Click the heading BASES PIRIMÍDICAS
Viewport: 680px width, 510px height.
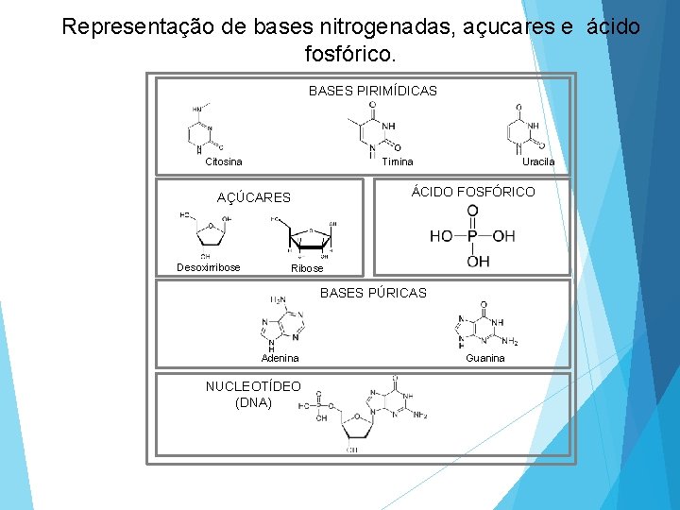pos(372,92)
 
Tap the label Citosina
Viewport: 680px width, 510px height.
pos(224,161)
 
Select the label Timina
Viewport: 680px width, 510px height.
pos(398,161)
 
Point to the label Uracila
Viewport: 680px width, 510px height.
pos(538,161)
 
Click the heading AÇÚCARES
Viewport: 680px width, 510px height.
pos(253,197)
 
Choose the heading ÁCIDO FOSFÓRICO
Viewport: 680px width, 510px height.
pos(472,192)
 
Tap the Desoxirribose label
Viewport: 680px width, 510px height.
pos(209,267)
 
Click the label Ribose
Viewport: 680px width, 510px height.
pos(307,268)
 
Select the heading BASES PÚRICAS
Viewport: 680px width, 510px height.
pos(373,293)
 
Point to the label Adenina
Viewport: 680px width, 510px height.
pos(280,358)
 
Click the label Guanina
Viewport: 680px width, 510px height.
pos(485,358)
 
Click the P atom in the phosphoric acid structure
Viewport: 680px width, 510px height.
pos(472,235)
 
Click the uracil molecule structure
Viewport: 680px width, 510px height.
pos(525,129)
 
